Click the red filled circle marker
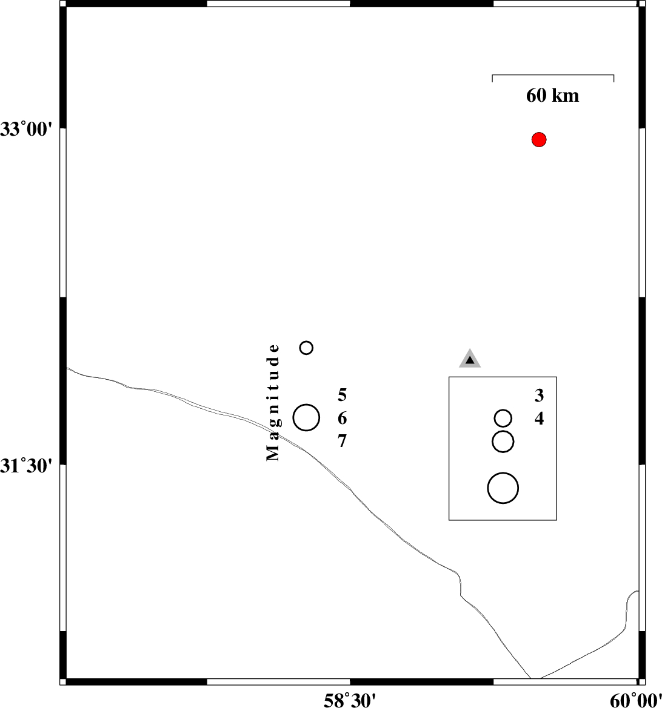(539, 140)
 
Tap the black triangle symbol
(470, 360)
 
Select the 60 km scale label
(552, 96)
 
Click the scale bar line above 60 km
(553, 75)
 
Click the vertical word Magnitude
(274, 403)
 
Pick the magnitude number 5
(343, 396)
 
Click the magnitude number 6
(343, 419)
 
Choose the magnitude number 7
(343, 442)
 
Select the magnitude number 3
(539, 396)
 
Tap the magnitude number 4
(539, 419)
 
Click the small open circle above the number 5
(306, 348)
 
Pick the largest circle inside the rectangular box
(503, 488)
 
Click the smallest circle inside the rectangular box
(503, 418)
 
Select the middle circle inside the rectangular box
(503, 442)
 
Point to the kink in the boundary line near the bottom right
(461, 591)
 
